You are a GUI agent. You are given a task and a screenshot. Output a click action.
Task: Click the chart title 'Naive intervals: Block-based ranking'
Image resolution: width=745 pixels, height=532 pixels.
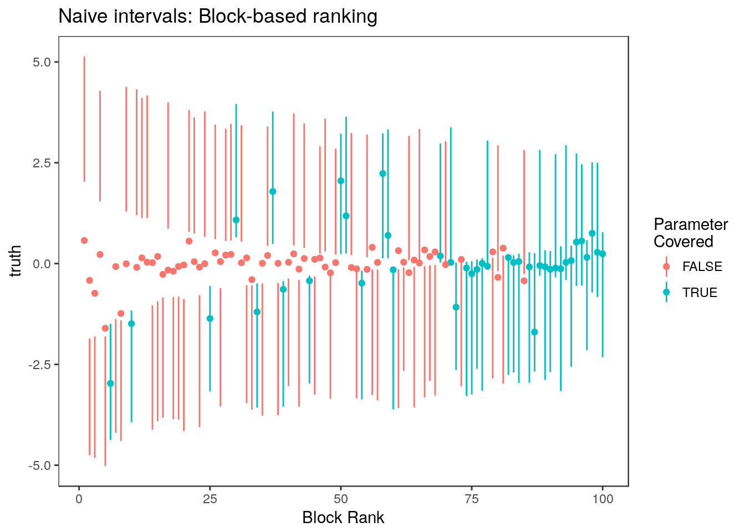(x=218, y=17)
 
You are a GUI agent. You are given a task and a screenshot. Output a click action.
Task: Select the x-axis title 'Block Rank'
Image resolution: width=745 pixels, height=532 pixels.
(x=343, y=518)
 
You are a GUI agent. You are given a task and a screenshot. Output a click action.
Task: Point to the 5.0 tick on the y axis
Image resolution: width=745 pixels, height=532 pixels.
(x=42, y=62)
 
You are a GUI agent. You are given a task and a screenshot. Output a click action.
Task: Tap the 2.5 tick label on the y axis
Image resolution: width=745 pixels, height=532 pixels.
(x=42, y=163)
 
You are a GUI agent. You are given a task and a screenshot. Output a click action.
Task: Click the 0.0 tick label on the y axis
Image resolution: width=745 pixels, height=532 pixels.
(x=42, y=264)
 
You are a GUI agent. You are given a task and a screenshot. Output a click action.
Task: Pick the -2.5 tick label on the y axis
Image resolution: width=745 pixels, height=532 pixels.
(x=40, y=365)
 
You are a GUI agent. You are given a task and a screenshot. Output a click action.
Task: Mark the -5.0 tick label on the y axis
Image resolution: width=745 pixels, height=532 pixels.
(x=40, y=465)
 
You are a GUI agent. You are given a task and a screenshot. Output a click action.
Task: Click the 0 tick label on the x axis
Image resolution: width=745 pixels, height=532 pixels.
(x=79, y=499)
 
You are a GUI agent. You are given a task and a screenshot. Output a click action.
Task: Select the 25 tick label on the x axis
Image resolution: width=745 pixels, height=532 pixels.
(x=210, y=499)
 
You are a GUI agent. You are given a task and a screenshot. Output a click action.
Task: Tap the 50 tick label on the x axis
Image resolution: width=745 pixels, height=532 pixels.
(x=341, y=499)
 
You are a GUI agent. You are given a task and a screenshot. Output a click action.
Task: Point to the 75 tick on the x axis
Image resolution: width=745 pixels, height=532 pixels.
(x=472, y=499)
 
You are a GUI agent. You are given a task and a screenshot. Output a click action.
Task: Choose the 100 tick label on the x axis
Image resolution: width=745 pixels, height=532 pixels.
(x=603, y=499)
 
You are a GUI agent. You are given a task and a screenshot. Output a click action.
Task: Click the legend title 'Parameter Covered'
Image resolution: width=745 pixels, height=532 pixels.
(x=690, y=233)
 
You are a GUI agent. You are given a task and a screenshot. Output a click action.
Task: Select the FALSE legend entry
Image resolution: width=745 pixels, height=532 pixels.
(x=702, y=267)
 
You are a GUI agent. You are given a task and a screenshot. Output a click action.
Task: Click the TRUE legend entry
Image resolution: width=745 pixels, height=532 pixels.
(x=700, y=293)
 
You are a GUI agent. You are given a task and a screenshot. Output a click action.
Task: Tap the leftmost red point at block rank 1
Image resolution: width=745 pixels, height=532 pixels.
(x=84, y=241)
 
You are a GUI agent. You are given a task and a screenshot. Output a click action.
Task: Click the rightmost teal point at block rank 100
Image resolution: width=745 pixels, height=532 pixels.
(x=603, y=254)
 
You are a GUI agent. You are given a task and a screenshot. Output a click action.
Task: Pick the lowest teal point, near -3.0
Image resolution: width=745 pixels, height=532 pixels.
(x=110, y=383)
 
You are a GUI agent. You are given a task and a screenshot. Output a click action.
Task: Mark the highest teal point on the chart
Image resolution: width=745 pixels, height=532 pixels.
(x=382, y=173)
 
